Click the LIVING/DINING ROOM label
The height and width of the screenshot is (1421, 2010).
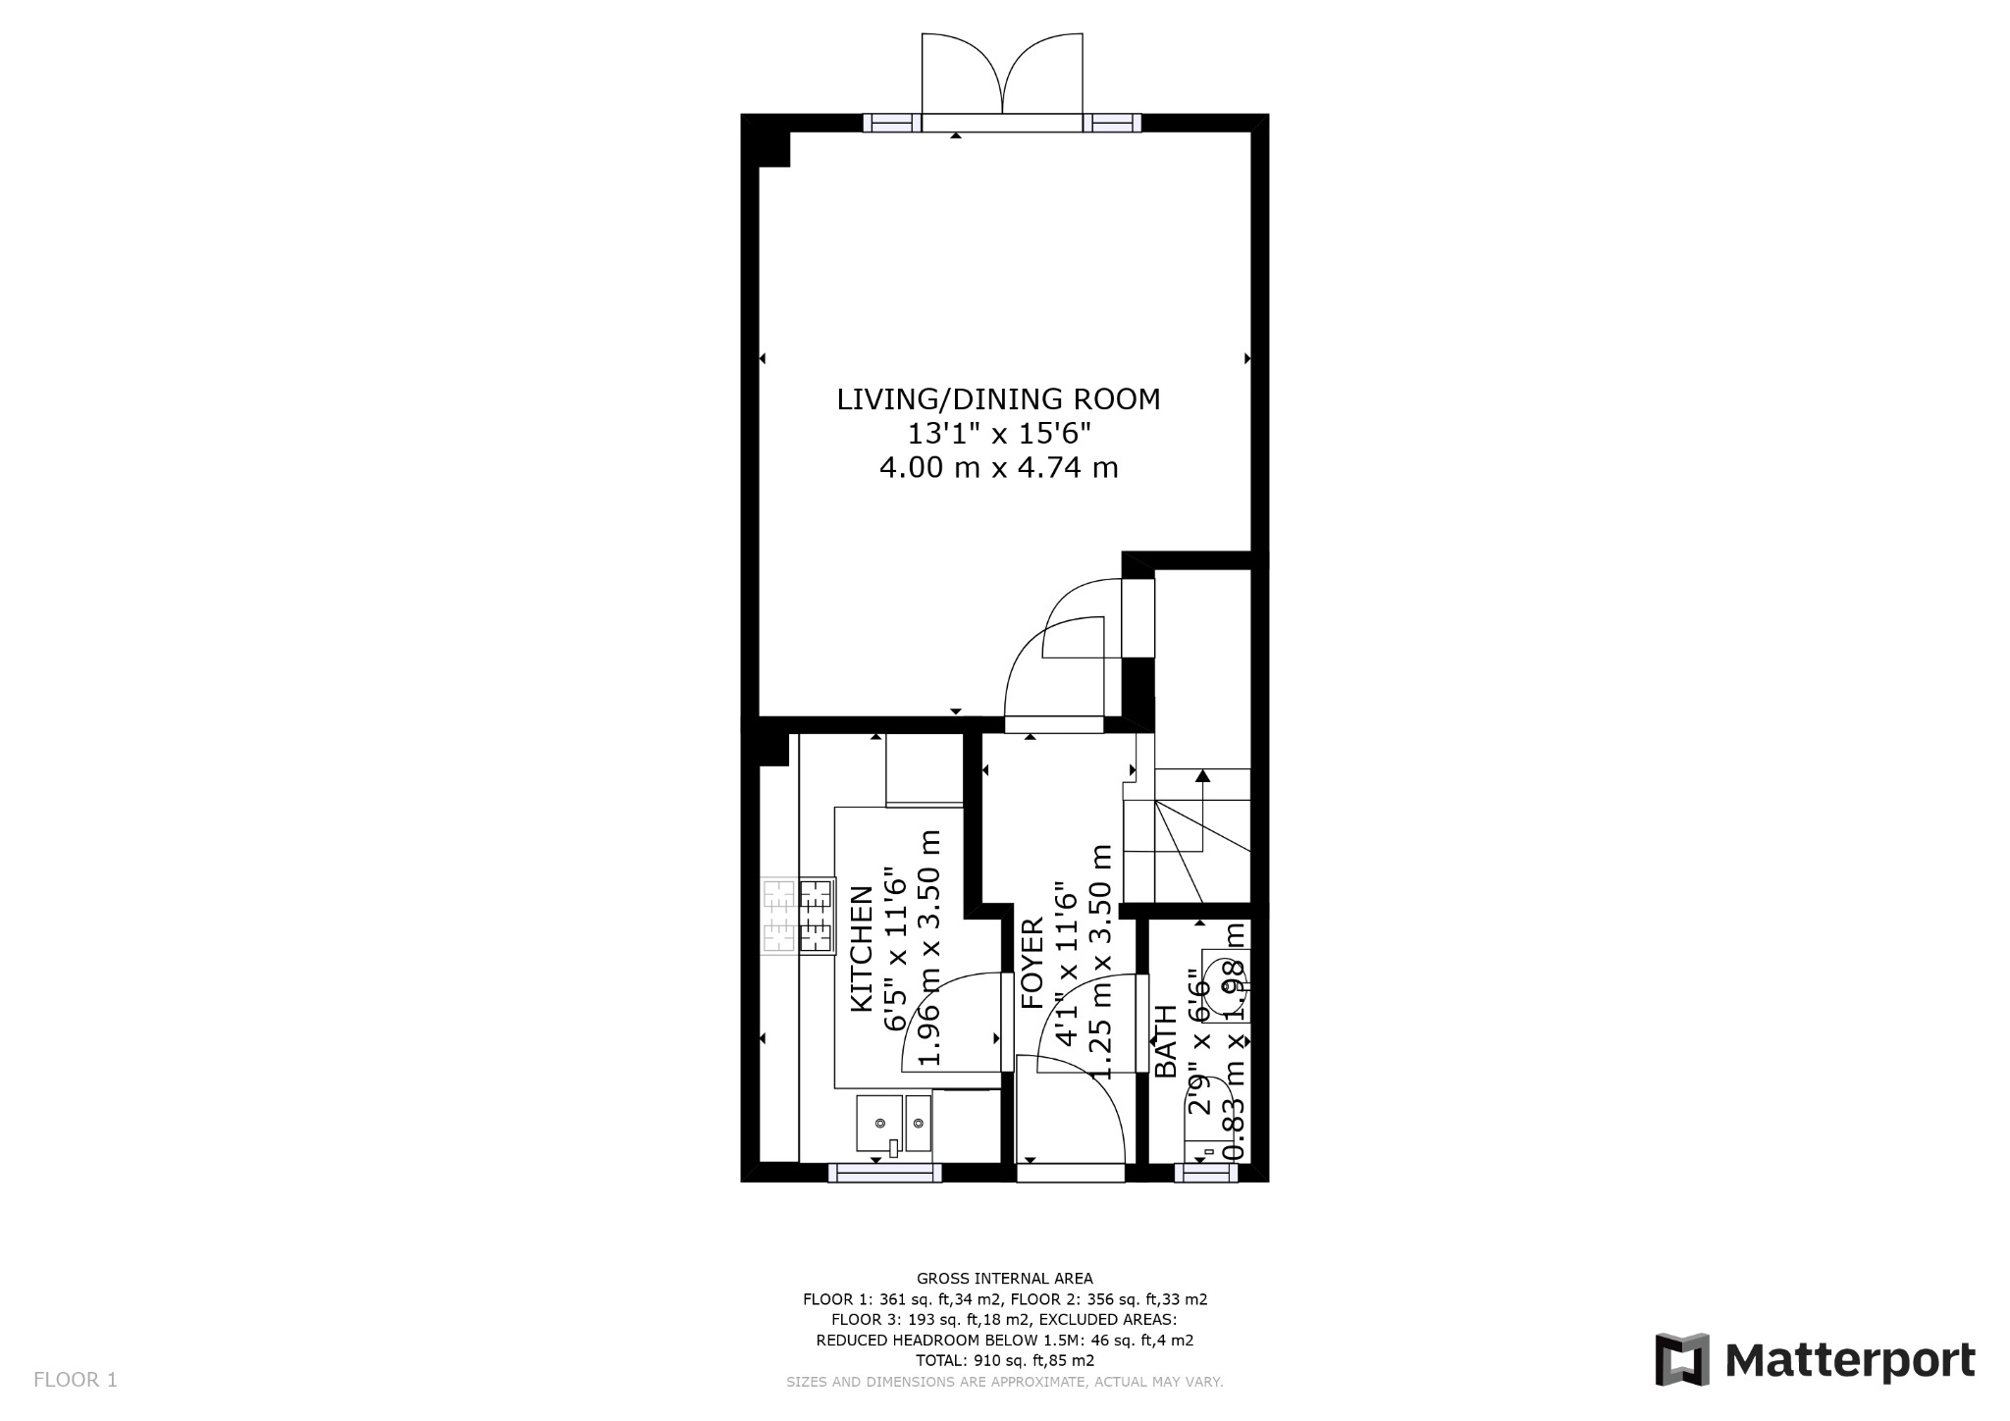[x=998, y=399]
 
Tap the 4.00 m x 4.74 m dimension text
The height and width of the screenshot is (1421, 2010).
[x=998, y=467]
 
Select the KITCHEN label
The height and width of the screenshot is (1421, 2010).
[x=861, y=948]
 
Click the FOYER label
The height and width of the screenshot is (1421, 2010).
[x=1032, y=964]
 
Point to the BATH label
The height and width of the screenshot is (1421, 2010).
[x=1165, y=1041]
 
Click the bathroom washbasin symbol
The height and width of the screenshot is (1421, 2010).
[x=1223, y=985]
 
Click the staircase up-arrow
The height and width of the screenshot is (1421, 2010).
[x=1202, y=777]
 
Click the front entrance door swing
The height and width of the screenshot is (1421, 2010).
[x=1070, y=1109]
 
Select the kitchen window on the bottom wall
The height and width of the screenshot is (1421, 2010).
[x=885, y=1172]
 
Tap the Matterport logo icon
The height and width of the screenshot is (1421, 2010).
[x=1682, y=1360]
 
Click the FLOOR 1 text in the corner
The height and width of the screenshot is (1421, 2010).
[x=76, y=1380]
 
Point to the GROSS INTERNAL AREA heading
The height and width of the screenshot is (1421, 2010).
[x=1004, y=1278]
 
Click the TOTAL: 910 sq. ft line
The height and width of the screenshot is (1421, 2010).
[x=1004, y=1360]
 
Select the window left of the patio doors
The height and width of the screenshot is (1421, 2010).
[x=892, y=124]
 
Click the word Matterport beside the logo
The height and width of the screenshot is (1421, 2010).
[x=1850, y=1361]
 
